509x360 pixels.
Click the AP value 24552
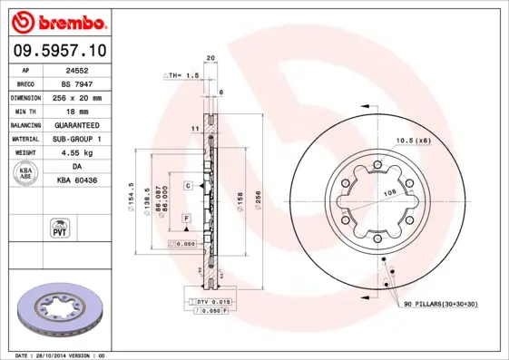tap(87, 69)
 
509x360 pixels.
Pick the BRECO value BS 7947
tap(87, 83)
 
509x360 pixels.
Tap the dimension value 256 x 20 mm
tap(87, 97)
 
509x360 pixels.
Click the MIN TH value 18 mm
tap(87, 111)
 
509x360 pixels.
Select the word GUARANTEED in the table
tap(87, 124)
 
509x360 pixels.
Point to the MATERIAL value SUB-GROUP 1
tap(87, 139)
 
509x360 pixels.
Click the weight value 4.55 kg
tap(87, 153)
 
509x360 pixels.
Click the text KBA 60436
tap(87, 181)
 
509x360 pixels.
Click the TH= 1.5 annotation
tap(181, 75)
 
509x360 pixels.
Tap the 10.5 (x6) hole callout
tap(414, 140)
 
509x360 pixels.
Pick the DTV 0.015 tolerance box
tap(210, 300)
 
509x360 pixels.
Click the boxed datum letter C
tap(187, 185)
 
